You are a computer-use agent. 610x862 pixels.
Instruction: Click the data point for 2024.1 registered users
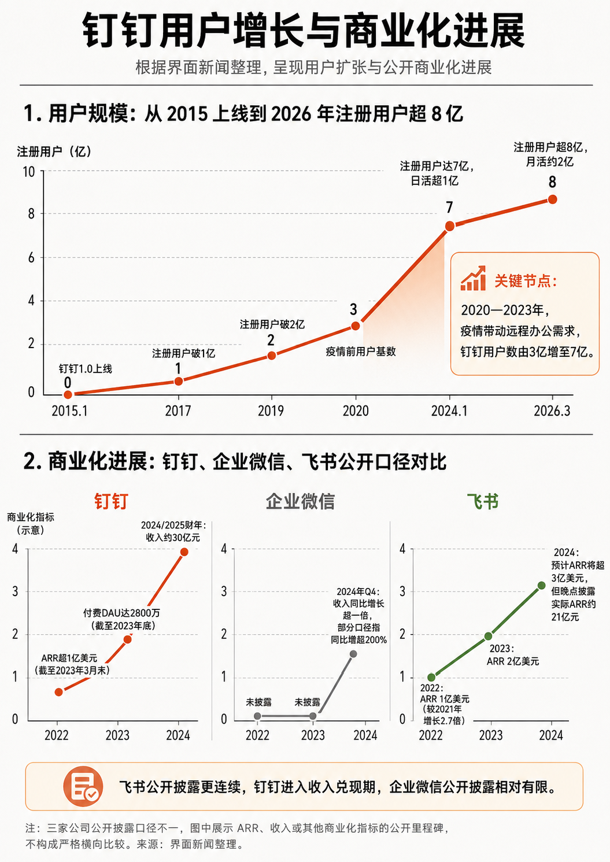click(449, 226)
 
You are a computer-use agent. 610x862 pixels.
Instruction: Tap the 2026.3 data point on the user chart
click(552, 199)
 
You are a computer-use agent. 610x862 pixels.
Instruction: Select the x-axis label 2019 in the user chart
click(271, 411)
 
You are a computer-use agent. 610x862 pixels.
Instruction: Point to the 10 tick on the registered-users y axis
click(29, 172)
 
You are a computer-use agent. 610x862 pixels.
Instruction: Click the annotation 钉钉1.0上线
click(86, 369)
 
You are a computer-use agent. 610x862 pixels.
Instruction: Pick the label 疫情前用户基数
click(361, 352)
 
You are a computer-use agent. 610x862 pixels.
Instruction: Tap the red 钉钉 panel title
click(111, 501)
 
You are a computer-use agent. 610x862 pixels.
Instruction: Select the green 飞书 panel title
click(483, 501)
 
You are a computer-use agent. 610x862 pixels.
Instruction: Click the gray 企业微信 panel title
click(300, 501)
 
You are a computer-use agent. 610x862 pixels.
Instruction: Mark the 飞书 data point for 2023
click(488, 636)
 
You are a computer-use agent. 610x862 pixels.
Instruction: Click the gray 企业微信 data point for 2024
click(353, 654)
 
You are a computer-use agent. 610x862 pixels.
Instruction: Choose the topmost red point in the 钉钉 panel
click(184, 552)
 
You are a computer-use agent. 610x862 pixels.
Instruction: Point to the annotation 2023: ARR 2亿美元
click(513, 655)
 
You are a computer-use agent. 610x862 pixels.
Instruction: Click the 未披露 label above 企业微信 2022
click(258, 702)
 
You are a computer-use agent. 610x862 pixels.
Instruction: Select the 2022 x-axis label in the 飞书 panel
click(431, 735)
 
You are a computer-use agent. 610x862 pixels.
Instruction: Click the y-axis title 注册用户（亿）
click(54, 151)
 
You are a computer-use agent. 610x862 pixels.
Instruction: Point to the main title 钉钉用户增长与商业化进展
click(304, 31)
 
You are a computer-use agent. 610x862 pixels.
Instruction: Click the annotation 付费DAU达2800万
click(121, 613)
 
